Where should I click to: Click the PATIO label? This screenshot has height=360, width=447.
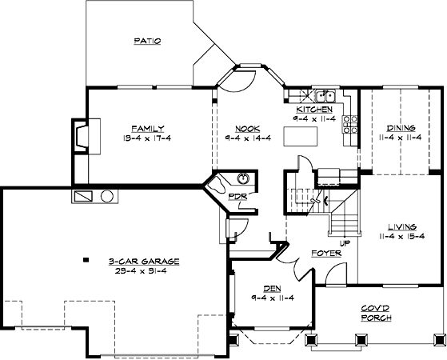(x=147, y=41)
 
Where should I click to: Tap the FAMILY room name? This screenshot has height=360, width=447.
(x=148, y=129)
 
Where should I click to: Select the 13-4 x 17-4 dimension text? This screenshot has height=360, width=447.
(x=147, y=138)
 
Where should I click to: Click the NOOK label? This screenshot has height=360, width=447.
(x=247, y=129)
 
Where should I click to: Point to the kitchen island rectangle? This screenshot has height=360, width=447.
(x=301, y=136)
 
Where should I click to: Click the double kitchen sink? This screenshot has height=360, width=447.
(x=325, y=95)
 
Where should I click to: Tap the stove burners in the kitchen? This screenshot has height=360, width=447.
(x=350, y=124)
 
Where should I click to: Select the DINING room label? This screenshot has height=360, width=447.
(x=401, y=128)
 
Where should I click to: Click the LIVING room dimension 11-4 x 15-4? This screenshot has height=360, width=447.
(x=402, y=237)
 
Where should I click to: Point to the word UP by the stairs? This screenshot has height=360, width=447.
(x=345, y=243)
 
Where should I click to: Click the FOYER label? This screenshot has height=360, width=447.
(x=326, y=253)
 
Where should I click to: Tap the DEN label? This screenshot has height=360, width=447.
(x=272, y=289)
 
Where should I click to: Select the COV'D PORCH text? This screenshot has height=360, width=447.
(x=376, y=313)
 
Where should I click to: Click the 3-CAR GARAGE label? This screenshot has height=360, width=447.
(x=144, y=261)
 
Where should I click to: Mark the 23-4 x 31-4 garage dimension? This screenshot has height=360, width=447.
(x=141, y=270)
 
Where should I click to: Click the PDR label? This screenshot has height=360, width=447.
(x=237, y=197)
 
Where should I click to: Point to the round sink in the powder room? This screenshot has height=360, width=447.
(x=243, y=179)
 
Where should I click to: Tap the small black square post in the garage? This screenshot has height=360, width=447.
(x=86, y=259)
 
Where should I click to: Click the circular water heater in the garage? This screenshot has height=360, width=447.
(x=107, y=196)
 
